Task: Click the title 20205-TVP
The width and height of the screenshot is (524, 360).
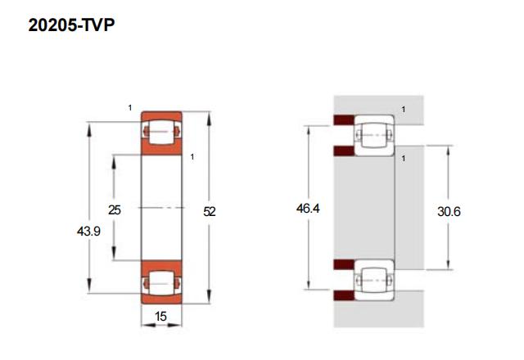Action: point(70,26)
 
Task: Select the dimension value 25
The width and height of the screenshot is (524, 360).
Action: point(115,210)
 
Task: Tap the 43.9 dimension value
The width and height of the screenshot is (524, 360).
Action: point(88,232)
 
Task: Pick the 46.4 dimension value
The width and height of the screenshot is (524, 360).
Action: point(308,209)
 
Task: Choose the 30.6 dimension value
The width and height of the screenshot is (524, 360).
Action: point(449,211)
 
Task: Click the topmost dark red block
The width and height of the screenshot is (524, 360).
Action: point(343,121)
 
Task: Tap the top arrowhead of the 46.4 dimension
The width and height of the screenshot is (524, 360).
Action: point(308,129)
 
